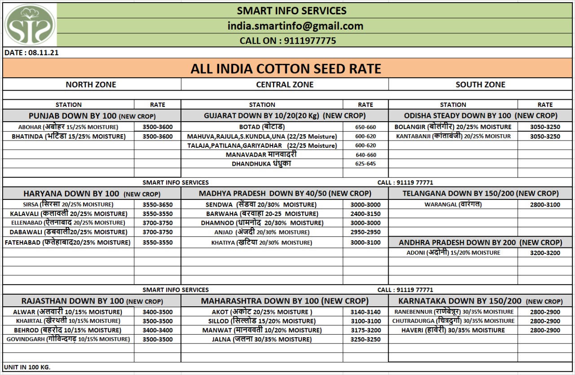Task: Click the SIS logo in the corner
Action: [x=30, y=24]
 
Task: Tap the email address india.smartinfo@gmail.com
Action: [x=295, y=26]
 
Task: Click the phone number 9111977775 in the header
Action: [x=288, y=41]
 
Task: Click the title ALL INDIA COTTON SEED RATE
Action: [x=286, y=69]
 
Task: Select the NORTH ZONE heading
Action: [x=91, y=84]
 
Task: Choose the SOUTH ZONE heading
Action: [x=480, y=84]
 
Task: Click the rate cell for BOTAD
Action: [x=365, y=127]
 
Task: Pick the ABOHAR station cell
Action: [x=68, y=127]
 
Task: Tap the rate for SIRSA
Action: [x=157, y=204]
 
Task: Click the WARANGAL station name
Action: [x=453, y=204]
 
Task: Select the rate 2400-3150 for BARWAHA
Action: [x=365, y=214]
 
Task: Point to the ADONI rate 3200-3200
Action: [x=545, y=253]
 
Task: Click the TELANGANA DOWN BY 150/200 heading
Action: [x=480, y=194]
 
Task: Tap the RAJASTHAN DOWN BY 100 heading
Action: [x=92, y=301]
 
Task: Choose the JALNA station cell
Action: [x=262, y=340]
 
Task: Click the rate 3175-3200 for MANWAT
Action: [x=365, y=330]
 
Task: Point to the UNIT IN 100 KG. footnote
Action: [x=27, y=367]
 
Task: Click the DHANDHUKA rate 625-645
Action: [x=365, y=164]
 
